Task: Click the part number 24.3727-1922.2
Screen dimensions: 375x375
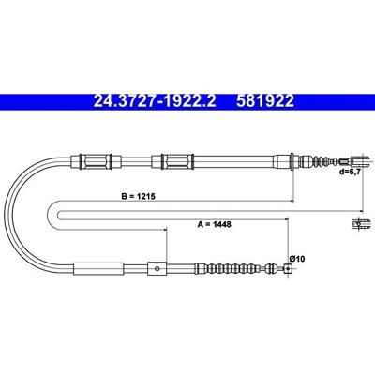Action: click(155, 101)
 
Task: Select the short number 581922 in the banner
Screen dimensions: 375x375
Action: click(265, 101)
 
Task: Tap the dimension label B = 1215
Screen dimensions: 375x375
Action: click(139, 197)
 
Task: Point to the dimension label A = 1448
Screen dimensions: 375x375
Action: click(215, 224)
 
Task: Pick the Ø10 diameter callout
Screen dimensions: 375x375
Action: click(297, 259)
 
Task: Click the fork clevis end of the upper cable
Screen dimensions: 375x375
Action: click(360, 161)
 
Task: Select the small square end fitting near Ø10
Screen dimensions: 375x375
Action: click(288, 268)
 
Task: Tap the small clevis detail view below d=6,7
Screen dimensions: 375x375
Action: click(361, 224)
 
